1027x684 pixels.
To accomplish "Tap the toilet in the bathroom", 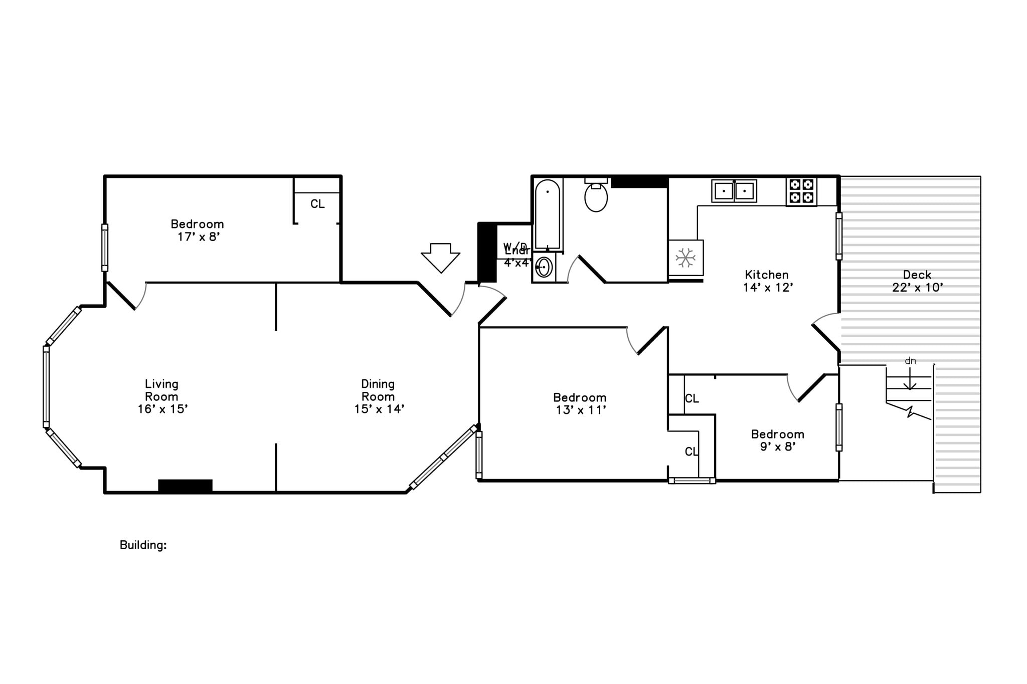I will [x=596, y=196].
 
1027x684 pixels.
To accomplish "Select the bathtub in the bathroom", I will [x=547, y=214].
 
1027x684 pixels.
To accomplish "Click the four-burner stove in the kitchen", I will [x=801, y=191].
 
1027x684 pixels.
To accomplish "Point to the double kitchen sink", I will [x=734, y=191].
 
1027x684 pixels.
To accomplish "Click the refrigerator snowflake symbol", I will [x=685, y=258].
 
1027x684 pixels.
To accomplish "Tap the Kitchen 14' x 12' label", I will [x=767, y=281].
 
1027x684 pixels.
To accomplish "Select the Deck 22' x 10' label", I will [x=917, y=281].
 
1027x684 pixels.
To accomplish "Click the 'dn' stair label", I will [x=910, y=361].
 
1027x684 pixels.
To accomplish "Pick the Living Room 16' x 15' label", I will [x=162, y=396].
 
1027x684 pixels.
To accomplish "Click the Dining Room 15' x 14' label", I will [x=379, y=396].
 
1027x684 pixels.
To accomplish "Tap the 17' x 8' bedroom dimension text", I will [x=199, y=237].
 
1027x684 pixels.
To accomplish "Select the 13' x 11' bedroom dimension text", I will [x=581, y=410].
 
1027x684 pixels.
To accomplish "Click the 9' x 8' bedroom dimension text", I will [x=777, y=446].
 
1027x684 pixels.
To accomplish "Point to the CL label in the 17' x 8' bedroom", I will [x=317, y=204].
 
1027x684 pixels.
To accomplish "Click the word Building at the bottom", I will [x=143, y=545].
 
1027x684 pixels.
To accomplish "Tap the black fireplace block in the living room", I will [x=185, y=486].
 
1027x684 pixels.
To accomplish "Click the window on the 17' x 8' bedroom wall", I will [x=105, y=248].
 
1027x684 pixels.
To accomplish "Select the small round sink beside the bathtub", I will [x=544, y=267].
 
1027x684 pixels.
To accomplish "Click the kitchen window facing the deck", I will [x=838, y=236].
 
